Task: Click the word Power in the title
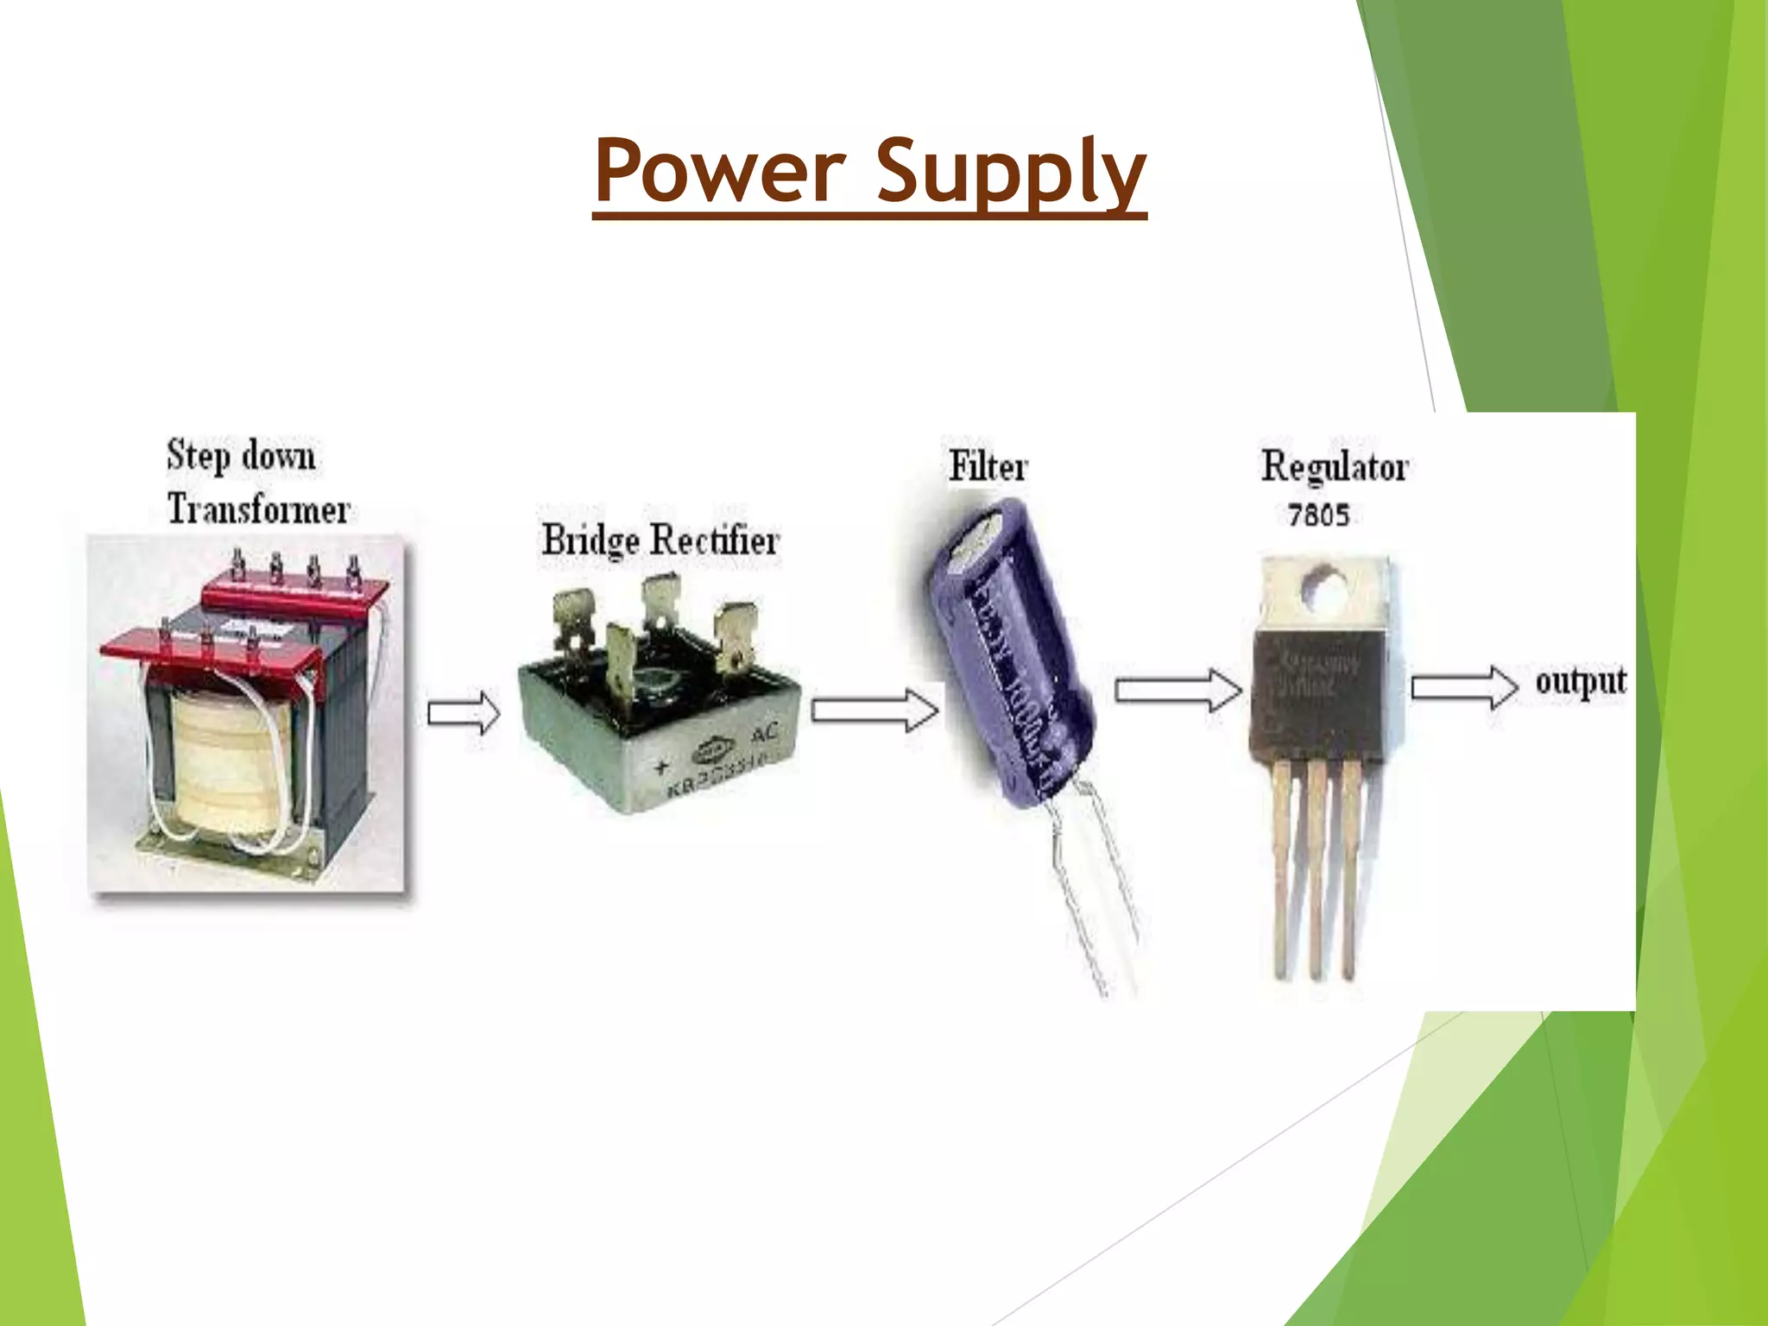719,170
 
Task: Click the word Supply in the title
1011,170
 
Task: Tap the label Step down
241,455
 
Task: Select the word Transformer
258,508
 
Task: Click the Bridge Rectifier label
660,541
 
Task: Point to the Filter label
988,467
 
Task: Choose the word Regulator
1335,467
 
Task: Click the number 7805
1318,515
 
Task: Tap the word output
1581,682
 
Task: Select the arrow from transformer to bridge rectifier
464,713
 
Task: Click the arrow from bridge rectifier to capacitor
875,710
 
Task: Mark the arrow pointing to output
1464,688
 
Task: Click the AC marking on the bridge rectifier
765,733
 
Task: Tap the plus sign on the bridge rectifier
662,765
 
